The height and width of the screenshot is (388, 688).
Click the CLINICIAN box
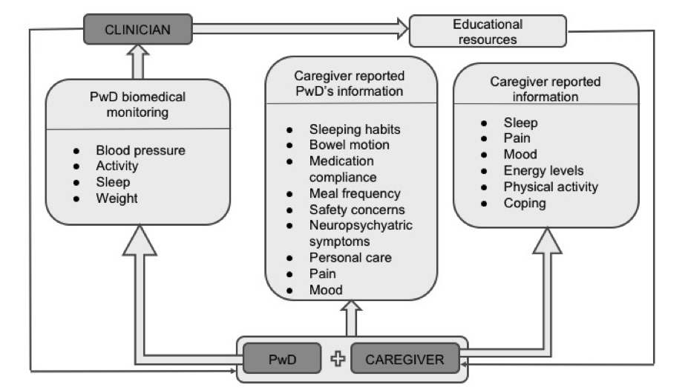pos(138,30)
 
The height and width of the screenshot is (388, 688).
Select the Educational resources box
pos(488,31)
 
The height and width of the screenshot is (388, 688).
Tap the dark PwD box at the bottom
pos(282,358)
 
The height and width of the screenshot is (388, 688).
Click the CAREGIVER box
pos(405,359)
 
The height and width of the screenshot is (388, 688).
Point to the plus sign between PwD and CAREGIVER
pos(338,358)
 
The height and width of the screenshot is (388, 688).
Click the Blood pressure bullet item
pos(140,150)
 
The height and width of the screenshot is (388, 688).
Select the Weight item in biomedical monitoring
pos(117,198)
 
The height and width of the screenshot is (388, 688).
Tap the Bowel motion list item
pos(350,144)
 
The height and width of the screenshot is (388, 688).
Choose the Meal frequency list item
pos(355,193)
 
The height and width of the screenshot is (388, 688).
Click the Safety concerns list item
pos(357,210)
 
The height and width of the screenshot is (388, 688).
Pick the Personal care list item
pos(350,257)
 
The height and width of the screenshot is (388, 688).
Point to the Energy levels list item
pos(543,170)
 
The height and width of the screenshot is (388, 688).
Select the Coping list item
pos(525,203)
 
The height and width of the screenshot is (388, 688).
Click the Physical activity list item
pos(551,187)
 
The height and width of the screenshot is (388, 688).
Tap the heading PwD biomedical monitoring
pos(138,105)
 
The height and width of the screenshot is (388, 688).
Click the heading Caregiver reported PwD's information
pos(350,83)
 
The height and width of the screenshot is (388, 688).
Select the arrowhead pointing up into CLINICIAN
pos(138,50)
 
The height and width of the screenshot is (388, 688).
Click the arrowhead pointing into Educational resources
pos(403,29)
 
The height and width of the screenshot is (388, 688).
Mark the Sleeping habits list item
pos(355,129)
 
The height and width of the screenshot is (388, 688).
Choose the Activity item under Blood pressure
pos(117,166)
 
